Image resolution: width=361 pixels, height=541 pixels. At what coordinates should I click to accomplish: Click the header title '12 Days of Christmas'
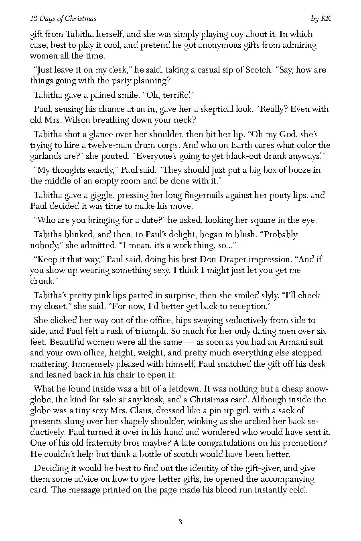tap(63, 19)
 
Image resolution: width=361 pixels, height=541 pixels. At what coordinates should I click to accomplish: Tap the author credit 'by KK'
tap(321, 19)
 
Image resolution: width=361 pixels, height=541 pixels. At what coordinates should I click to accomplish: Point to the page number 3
tap(180, 522)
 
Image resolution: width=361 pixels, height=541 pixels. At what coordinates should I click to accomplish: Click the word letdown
tap(184, 389)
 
